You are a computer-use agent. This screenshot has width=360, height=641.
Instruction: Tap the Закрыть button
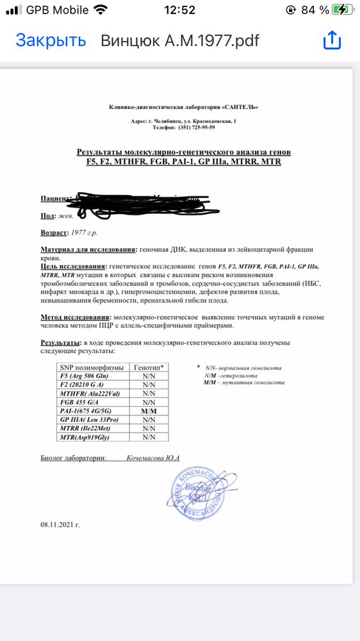(x=51, y=40)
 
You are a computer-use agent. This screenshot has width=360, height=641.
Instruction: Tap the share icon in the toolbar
(x=332, y=40)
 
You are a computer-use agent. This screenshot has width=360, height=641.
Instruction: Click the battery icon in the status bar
(x=341, y=10)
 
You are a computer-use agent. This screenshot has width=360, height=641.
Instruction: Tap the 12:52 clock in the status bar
(x=179, y=10)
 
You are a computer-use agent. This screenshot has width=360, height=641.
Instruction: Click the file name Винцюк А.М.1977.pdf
(x=179, y=40)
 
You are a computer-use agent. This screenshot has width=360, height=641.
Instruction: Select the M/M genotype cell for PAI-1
(x=149, y=410)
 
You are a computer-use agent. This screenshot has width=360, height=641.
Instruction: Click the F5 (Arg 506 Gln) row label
(x=87, y=376)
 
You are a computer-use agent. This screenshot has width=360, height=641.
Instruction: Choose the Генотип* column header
(x=149, y=367)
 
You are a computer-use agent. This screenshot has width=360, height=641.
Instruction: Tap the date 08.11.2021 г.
(x=60, y=524)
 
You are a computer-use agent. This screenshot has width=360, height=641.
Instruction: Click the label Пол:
(x=48, y=216)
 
